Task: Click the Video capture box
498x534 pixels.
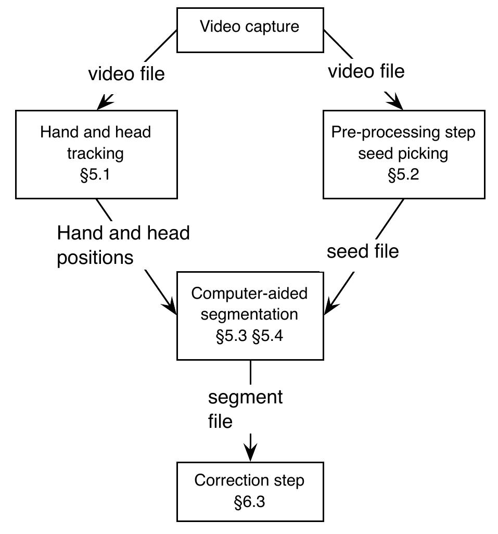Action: pyautogui.click(x=250, y=30)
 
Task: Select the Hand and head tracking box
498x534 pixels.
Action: pyautogui.click(x=96, y=154)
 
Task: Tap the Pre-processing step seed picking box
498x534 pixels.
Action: pyautogui.click(x=403, y=154)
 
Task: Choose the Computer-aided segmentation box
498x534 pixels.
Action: pyautogui.click(x=250, y=315)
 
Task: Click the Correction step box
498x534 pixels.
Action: pyautogui.click(x=250, y=491)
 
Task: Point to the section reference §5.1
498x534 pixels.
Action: pyautogui.click(x=96, y=175)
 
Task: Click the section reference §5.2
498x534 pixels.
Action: pyautogui.click(x=403, y=175)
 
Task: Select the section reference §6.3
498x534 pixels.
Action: pyautogui.click(x=250, y=502)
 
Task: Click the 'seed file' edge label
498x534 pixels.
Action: pyautogui.click(x=363, y=251)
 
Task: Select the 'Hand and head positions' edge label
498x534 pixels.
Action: pyautogui.click(x=123, y=245)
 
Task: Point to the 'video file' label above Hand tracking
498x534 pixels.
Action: pyautogui.click(x=126, y=74)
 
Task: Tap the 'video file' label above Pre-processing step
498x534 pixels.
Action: pyautogui.click(x=366, y=71)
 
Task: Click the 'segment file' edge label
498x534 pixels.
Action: pyautogui.click(x=245, y=409)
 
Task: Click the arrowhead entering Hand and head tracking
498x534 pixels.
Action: pyautogui.click(x=104, y=103)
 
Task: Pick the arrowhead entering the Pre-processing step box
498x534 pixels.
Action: pyautogui.click(x=397, y=103)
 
